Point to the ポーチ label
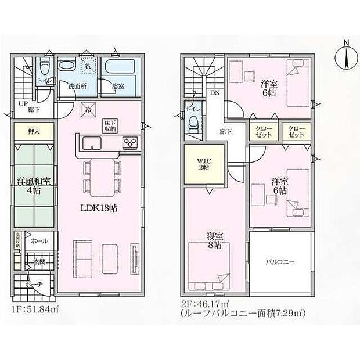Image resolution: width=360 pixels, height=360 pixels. [34, 285]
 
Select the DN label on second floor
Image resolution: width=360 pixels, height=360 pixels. [214, 93]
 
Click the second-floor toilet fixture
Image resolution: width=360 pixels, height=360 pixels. [194, 121]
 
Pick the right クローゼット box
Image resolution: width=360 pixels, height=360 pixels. [295, 132]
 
